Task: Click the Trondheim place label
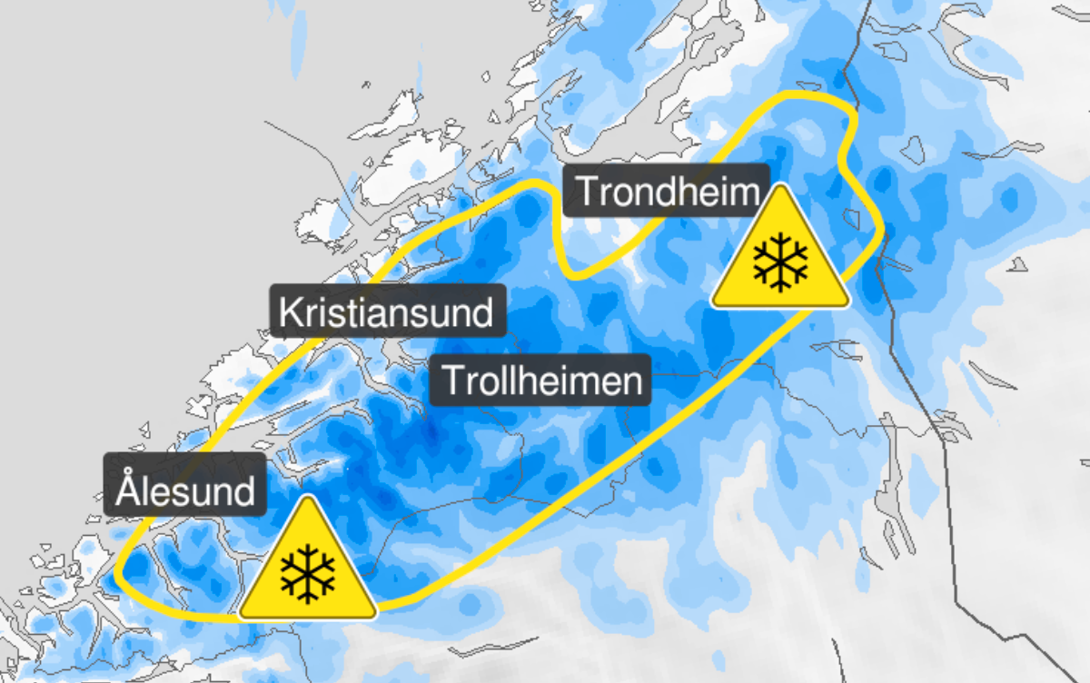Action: point(666,191)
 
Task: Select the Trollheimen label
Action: point(542,380)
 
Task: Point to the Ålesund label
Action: point(185,491)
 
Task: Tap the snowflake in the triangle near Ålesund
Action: point(308,573)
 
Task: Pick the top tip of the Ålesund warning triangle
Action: point(308,499)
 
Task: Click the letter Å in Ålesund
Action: point(128,490)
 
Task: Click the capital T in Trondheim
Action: point(587,191)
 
